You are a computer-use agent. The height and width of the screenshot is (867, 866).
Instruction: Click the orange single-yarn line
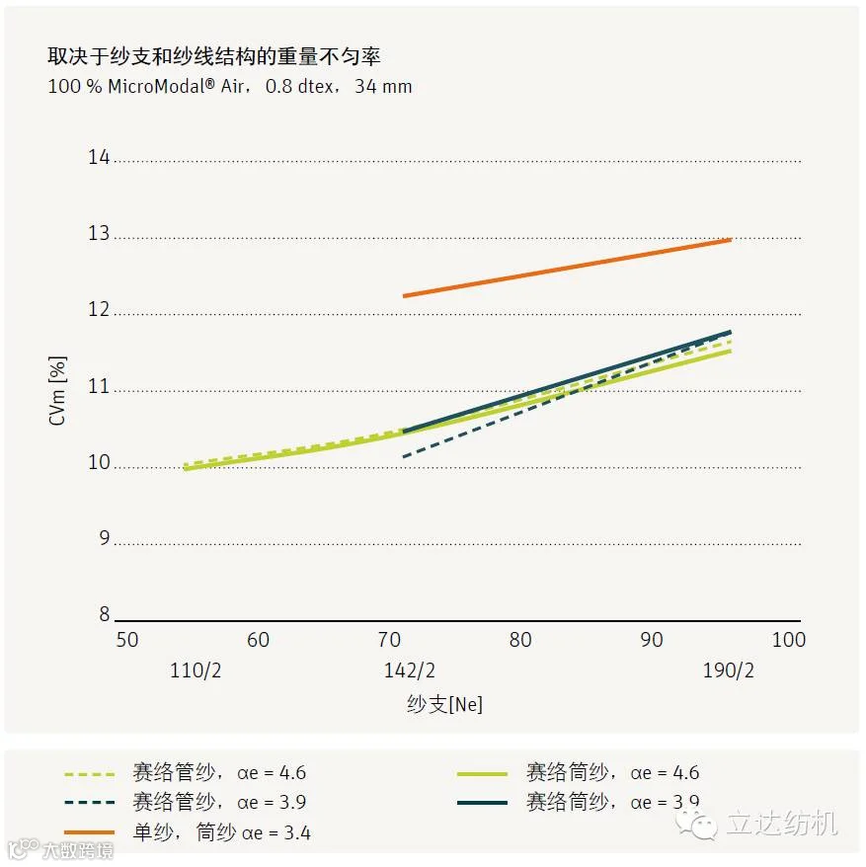click(x=568, y=268)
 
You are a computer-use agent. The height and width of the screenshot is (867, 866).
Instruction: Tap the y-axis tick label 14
click(x=99, y=157)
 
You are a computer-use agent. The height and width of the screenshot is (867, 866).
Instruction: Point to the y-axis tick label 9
click(x=105, y=537)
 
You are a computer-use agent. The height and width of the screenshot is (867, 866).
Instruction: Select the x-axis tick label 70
click(x=389, y=640)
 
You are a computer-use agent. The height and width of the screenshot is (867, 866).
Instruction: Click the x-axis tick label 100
click(x=789, y=640)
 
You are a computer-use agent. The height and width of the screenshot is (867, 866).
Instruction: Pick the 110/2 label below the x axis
click(x=196, y=670)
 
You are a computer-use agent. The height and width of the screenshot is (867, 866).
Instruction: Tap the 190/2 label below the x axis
click(x=728, y=670)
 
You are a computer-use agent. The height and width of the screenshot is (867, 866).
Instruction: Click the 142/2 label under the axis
click(x=409, y=670)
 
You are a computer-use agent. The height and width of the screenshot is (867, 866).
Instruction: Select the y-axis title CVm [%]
click(x=57, y=391)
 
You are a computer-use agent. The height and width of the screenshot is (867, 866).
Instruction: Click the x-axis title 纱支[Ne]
click(x=444, y=704)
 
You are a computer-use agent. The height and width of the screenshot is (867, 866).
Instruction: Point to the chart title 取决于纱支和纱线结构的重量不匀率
click(x=214, y=56)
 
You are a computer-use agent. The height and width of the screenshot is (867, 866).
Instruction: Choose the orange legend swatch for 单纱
click(x=90, y=832)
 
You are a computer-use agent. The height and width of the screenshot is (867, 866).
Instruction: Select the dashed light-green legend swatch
click(x=90, y=774)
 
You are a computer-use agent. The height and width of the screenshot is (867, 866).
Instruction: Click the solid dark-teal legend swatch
click(x=482, y=803)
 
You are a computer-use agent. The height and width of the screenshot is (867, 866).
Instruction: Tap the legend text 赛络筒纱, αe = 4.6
click(x=613, y=772)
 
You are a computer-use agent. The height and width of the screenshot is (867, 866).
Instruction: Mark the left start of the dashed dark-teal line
click(x=404, y=457)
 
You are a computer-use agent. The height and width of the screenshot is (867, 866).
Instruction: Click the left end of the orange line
click(x=404, y=296)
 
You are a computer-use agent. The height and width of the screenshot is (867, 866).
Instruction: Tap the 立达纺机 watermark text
click(x=782, y=823)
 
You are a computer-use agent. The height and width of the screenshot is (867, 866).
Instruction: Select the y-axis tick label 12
click(x=99, y=309)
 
